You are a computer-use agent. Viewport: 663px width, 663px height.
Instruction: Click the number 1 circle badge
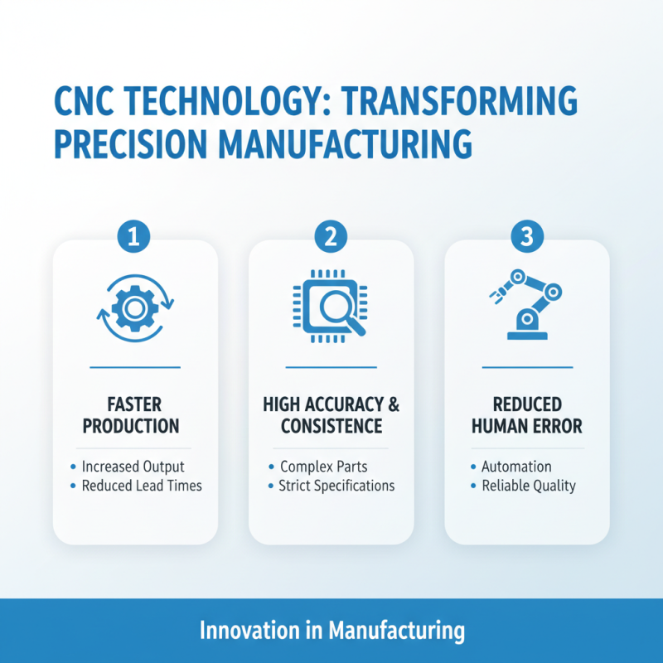point(135,238)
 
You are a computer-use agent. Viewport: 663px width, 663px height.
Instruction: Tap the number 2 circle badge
point(331,238)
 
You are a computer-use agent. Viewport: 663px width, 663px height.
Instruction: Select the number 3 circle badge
point(526,238)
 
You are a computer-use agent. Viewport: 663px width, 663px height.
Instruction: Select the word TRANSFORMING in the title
point(462,101)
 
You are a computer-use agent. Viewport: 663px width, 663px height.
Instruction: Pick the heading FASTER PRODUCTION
point(135,416)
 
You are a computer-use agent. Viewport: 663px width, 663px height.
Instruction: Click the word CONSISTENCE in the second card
point(331,427)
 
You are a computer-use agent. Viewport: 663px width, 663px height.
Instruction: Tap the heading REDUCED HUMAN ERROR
point(526,416)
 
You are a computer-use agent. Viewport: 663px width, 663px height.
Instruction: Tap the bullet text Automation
point(516,467)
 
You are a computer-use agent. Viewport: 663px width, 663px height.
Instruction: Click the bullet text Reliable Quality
point(528,486)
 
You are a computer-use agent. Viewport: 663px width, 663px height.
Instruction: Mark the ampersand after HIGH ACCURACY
point(393,405)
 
